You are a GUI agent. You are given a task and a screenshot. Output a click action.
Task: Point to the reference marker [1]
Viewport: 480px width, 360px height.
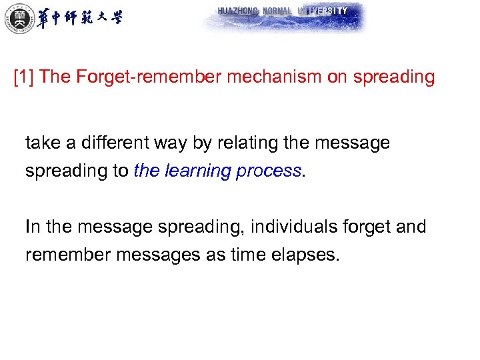click(x=25, y=77)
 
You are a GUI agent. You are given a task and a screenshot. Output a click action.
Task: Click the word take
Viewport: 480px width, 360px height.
click(x=42, y=143)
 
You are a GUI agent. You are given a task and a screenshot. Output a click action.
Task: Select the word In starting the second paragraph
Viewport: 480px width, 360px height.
click(x=33, y=227)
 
